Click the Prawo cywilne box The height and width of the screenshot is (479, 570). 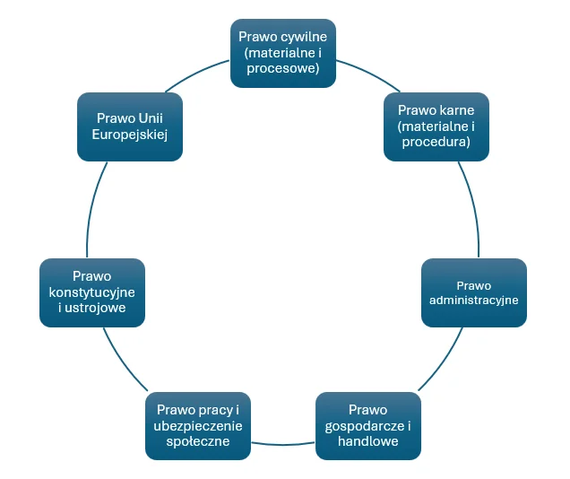pos(283,53)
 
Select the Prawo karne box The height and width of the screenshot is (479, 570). pos(436,126)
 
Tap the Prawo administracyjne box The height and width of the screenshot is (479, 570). pos(474,292)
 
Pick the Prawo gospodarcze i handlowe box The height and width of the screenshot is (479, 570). pos(368,426)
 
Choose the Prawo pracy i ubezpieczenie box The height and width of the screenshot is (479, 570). pos(198,426)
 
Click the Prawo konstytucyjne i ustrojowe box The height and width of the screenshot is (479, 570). pos(92,292)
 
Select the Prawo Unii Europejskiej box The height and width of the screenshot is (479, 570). pos(130,126)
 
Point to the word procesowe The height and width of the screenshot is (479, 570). pos(283,68)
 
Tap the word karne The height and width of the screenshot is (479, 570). pos(454,110)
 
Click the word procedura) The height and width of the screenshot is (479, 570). pos(436,142)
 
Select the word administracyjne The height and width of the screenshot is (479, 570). pos(474,300)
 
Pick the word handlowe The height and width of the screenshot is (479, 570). pos(368,441)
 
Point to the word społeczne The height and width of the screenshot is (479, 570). pos(198,441)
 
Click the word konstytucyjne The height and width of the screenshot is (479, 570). pos(92,292)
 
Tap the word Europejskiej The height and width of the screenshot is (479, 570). pos(130,135)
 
